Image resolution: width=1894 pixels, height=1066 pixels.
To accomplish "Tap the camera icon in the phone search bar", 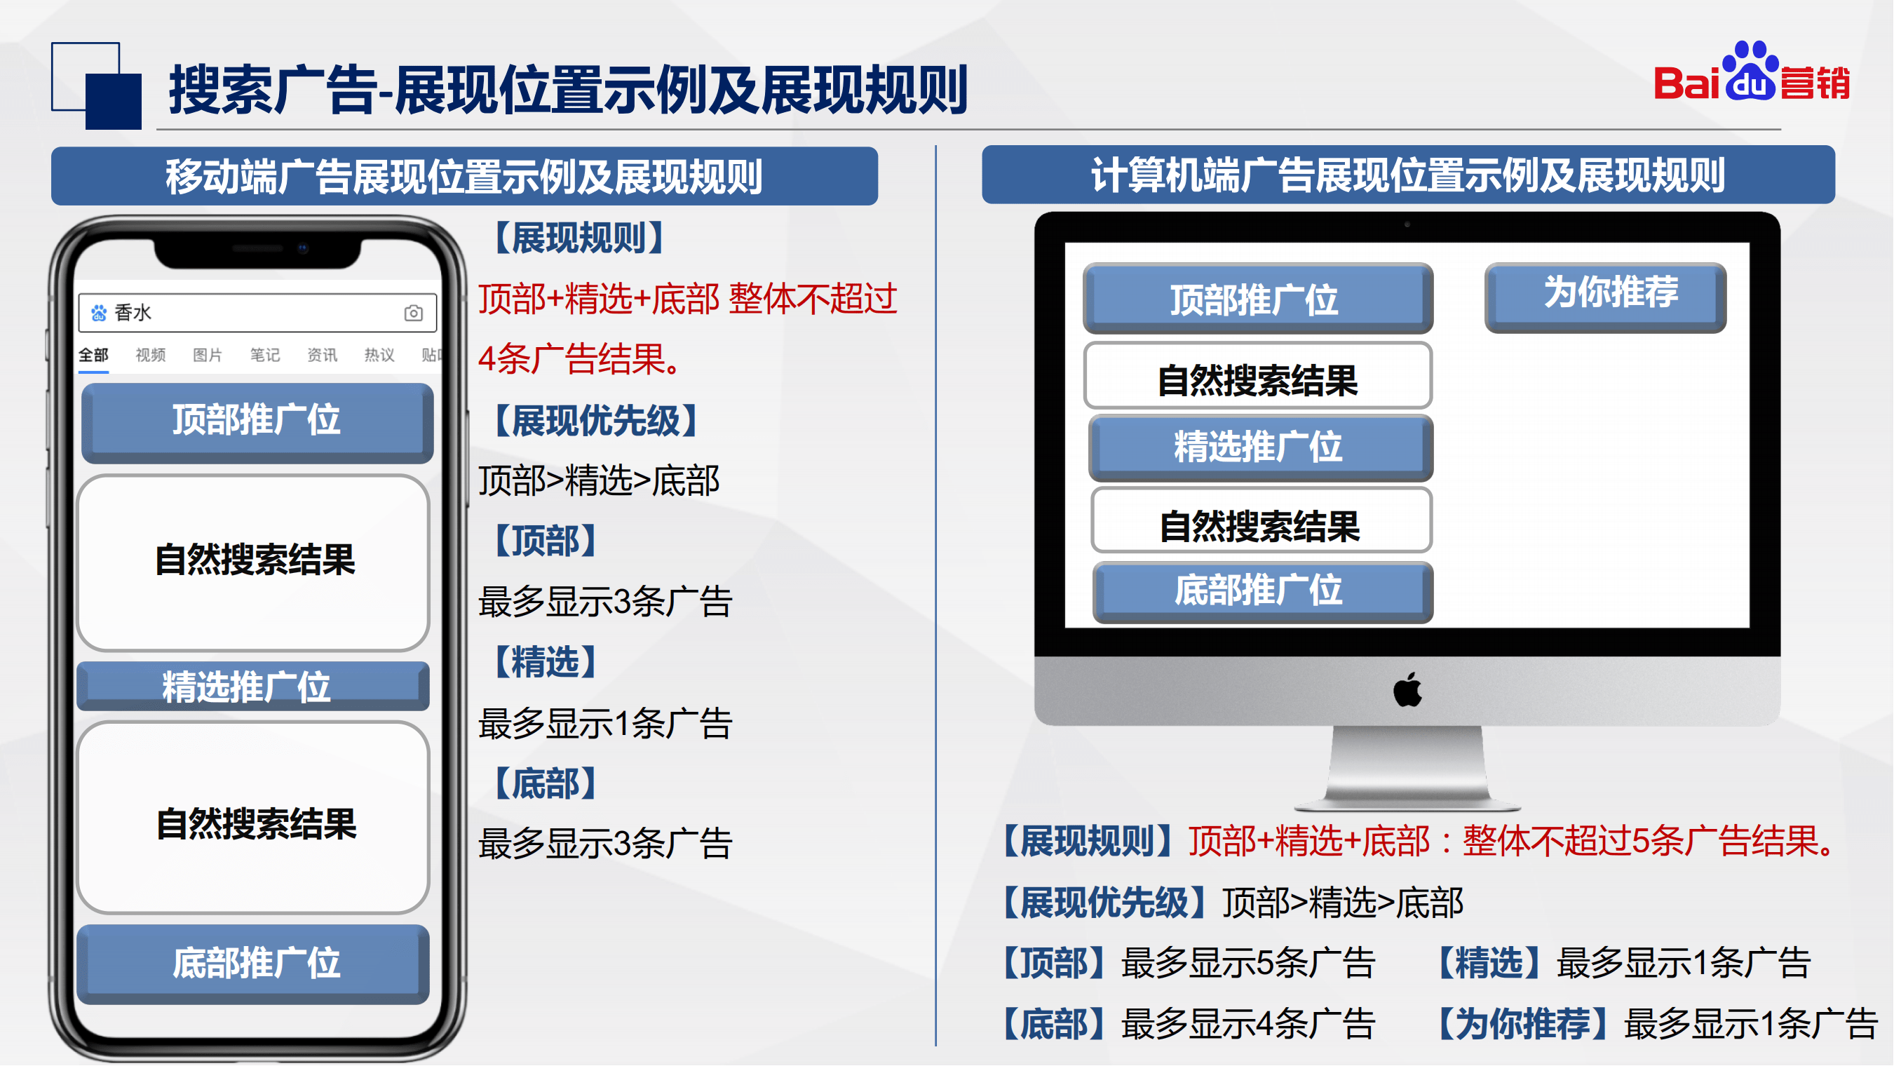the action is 413,313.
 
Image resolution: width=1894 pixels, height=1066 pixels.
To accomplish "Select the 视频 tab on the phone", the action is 151,355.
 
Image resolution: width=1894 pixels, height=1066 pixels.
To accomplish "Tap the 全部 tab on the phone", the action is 93,355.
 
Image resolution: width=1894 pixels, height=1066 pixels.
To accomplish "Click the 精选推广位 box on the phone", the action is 253,686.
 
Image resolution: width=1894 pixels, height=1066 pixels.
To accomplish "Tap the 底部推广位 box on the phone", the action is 253,964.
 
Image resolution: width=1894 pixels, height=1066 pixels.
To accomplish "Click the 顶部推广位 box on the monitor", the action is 1258,298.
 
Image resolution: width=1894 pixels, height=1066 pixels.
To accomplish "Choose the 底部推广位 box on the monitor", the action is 1263,592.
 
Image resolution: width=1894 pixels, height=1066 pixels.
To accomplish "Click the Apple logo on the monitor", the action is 1407,689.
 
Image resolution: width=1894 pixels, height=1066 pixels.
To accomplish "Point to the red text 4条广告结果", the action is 580,360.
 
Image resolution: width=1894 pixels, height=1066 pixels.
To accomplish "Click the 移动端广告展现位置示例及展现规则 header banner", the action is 465,176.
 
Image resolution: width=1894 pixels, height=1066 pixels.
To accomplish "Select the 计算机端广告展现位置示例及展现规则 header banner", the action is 1408,174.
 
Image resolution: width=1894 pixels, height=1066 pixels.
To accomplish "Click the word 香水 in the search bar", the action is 133,313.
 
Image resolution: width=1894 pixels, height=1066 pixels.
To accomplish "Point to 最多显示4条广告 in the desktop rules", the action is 1247,1023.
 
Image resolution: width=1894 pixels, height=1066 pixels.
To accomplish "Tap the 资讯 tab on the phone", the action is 322,355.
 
